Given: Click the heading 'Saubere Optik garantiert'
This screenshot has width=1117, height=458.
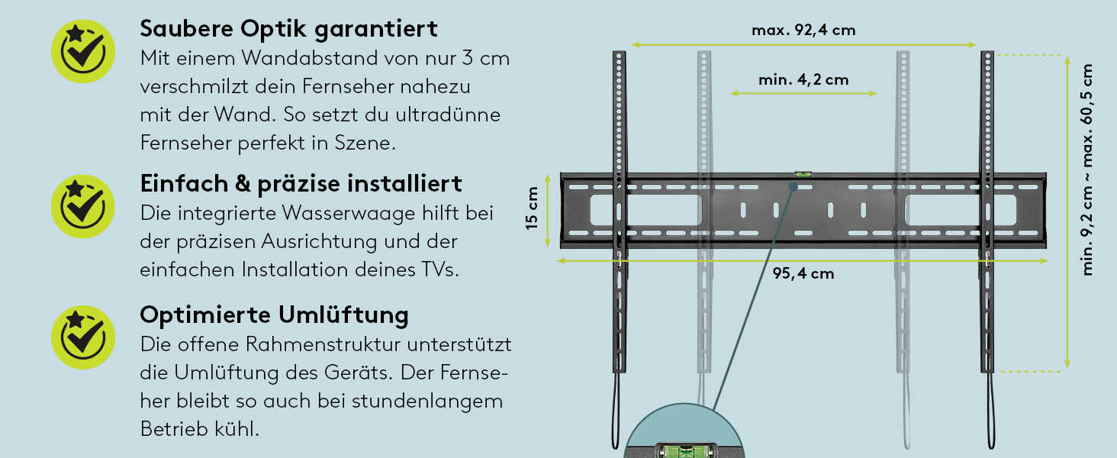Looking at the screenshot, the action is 288,29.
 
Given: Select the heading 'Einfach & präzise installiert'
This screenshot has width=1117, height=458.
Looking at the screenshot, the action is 301,184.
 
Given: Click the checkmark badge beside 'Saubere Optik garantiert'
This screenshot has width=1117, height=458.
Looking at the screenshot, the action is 83,51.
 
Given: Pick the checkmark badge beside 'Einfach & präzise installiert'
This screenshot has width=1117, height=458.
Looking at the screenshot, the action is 83,207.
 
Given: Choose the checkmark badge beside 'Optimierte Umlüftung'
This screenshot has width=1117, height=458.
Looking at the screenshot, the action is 83,337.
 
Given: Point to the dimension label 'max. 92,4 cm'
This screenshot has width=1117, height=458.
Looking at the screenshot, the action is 803,30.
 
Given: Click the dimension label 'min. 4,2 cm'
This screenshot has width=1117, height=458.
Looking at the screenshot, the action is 803,80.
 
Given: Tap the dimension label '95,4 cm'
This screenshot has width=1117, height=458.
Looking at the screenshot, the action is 803,273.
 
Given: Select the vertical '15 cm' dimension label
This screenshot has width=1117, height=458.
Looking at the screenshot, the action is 532,208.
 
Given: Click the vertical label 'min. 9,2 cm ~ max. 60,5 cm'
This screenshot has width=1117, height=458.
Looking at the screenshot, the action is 1086,169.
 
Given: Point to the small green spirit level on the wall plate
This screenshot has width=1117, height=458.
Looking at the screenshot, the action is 803,175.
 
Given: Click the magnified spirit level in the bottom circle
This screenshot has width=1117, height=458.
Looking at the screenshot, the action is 684,450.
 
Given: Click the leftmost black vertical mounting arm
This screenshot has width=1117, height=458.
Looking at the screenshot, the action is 619,212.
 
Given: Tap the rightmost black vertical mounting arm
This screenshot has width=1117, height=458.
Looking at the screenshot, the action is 987,212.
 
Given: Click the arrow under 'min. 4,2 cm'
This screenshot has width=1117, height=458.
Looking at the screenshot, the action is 803,93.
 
